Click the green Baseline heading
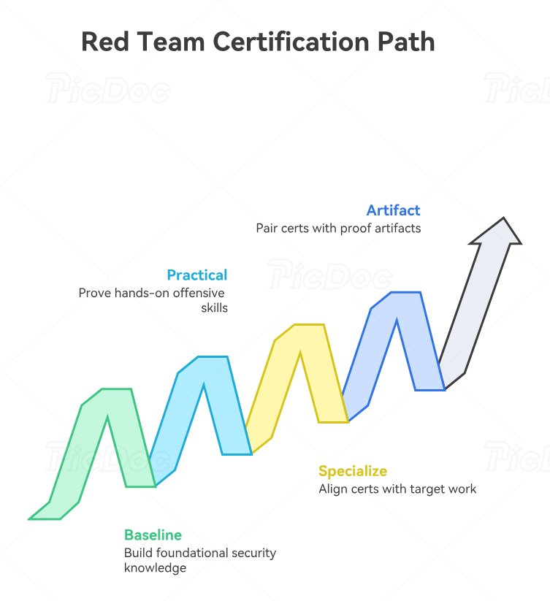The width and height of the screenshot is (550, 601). [x=153, y=535]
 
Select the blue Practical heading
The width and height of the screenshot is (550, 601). [x=197, y=275]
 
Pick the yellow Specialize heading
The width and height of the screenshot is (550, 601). [x=353, y=471]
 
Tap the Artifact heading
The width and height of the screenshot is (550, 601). [x=394, y=210]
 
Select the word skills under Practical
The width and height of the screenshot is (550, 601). [x=214, y=307]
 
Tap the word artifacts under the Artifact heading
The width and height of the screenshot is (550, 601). [x=396, y=228]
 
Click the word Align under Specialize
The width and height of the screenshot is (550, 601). [x=332, y=489]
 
